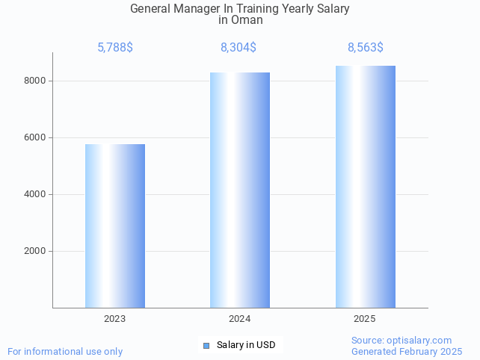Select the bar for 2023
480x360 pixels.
tap(115, 226)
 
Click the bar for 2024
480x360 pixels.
tap(240, 190)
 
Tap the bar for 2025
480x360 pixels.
tap(365, 187)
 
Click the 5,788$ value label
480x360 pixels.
tap(115, 48)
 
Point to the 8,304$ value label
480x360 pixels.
tap(239, 48)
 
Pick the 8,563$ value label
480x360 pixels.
tap(366, 48)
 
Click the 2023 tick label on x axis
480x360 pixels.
tap(115, 319)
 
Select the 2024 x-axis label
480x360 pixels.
tap(240, 319)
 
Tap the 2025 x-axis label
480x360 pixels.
tap(365, 319)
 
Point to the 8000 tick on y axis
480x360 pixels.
tap(35, 81)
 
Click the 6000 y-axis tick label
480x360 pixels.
tap(35, 137)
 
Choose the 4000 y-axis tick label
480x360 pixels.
tap(35, 194)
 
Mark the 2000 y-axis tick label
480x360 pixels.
tap(35, 251)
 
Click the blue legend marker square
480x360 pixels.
tap(207, 345)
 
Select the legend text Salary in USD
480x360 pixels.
tap(246, 345)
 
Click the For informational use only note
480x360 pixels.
tap(65, 351)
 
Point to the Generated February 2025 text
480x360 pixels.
tap(407, 351)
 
